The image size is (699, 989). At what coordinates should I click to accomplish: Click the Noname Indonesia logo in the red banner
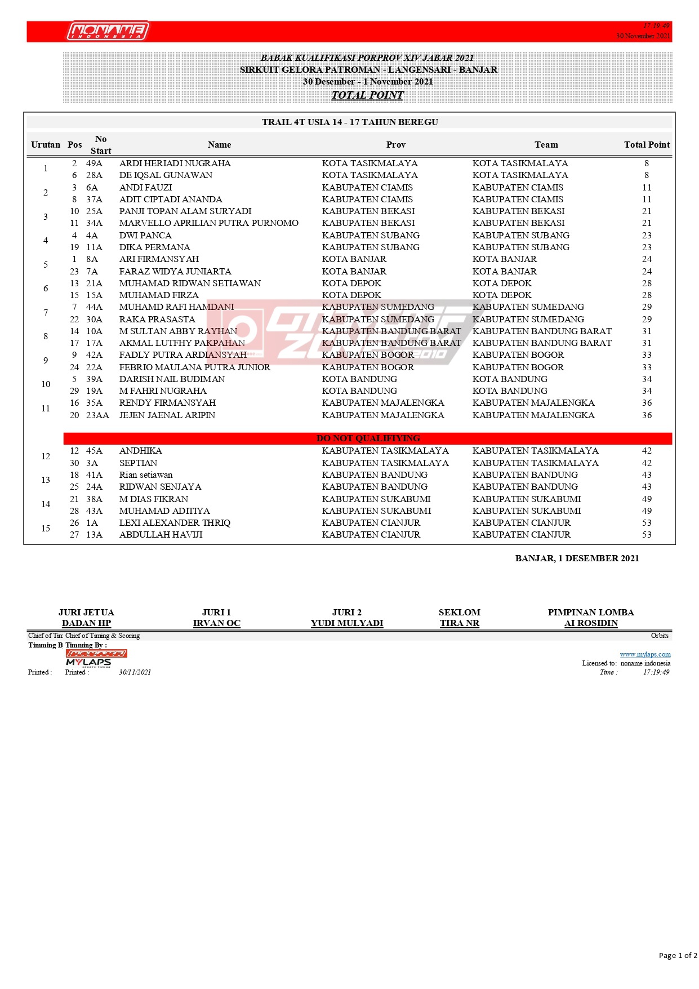[108, 31]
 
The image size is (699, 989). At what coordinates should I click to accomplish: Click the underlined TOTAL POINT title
[367, 95]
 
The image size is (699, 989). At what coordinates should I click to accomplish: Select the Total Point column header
[647, 145]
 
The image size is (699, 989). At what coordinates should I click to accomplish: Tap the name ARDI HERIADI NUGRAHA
[175, 163]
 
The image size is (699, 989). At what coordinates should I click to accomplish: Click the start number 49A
[94, 163]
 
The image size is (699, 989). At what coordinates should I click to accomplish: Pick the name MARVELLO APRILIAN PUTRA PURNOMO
[208, 223]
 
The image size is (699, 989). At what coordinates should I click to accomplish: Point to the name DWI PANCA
[145, 236]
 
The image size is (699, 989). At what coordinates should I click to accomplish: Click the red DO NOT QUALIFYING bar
[368, 438]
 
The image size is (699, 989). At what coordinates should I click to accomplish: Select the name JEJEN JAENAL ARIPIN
[167, 415]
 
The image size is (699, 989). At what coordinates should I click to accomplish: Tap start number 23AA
[97, 415]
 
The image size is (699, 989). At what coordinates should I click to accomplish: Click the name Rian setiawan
[146, 475]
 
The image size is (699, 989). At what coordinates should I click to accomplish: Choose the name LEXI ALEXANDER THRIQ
[175, 523]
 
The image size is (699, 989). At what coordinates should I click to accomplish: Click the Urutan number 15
[46, 529]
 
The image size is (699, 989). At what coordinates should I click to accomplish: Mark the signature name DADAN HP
[86, 623]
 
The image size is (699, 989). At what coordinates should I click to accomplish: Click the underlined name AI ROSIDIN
[591, 623]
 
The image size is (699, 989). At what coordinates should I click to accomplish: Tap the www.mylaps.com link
[645, 654]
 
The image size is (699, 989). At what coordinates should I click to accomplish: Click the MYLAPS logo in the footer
[88, 662]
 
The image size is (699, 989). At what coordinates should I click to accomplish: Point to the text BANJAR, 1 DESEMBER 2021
[577, 558]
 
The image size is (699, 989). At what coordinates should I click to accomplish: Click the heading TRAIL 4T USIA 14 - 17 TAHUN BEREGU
[350, 122]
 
